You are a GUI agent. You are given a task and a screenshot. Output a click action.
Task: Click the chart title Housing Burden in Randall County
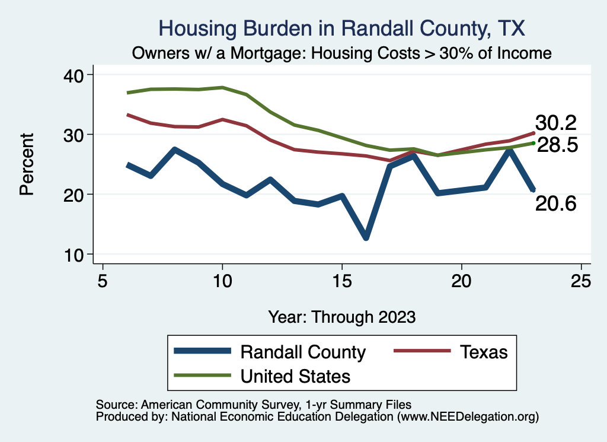[342, 28]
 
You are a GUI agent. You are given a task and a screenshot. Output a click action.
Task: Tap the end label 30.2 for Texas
[555, 123]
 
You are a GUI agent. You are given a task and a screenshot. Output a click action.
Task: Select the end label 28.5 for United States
[557, 145]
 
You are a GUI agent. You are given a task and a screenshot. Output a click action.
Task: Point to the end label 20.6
[555, 203]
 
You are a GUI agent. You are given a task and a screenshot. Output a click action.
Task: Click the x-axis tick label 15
[341, 279]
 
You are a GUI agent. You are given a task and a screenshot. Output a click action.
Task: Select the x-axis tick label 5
[103, 279]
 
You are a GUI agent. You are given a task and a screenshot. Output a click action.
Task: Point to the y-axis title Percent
[26, 164]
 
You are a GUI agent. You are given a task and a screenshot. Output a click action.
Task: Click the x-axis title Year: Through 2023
[341, 316]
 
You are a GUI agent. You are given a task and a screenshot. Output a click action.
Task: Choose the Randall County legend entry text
[303, 352]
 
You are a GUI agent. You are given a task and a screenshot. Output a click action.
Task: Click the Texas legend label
[484, 352]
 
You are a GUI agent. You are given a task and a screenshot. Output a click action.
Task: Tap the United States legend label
[295, 376]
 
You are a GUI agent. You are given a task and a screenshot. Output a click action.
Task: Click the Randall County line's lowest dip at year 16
[366, 237]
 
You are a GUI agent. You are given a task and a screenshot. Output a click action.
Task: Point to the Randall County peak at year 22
[509, 150]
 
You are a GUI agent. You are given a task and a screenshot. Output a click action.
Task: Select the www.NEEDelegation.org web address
[468, 416]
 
